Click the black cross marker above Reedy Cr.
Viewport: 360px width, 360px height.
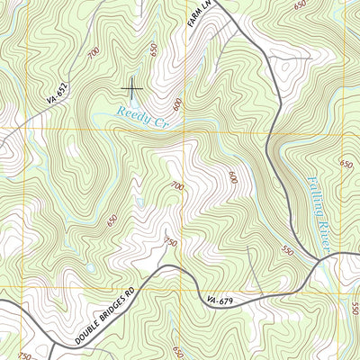pyautogui.click(x=132, y=86)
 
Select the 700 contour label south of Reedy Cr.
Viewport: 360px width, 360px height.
pyautogui.click(x=176, y=185)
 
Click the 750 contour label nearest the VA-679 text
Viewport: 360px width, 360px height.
pyautogui.click(x=171, y=241)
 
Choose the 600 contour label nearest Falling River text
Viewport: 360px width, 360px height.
pyautogui.click(x=232, y=176)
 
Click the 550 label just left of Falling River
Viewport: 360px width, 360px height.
pyautogui.click(x=287, y=223)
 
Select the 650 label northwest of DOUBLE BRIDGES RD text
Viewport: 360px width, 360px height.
pyautogui.click(x=111, y=220)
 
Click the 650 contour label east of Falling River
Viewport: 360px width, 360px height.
pyautogui.click(x=346, y=164)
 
